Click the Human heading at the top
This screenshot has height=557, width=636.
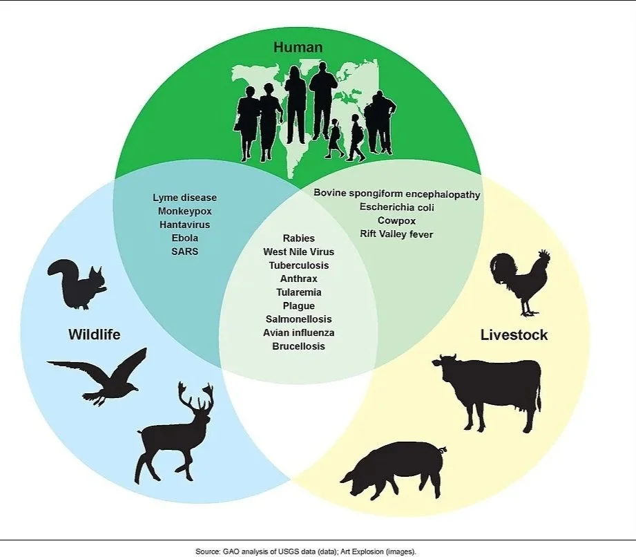(298, 47)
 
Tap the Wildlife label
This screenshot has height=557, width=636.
(95, 334)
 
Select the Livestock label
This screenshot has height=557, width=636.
(514, 335)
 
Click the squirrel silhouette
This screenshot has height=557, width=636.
(77, 285)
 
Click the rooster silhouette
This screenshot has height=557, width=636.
(520, 283)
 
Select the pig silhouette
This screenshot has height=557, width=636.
(394, 469)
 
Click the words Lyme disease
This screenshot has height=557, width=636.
(185, 198)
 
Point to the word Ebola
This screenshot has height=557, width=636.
(185, 238)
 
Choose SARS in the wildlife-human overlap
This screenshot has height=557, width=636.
(185, 252)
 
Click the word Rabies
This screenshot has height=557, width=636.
(299, 238)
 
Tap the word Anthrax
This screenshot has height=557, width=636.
(299, 279)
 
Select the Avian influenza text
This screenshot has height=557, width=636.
(299, 333)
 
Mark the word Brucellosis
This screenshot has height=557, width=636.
(299, 346)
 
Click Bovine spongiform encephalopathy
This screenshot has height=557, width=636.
(396, 194)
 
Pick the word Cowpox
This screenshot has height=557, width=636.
(396, 221)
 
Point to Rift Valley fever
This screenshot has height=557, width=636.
(396, 234)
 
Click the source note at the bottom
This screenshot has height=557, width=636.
(306, 551)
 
